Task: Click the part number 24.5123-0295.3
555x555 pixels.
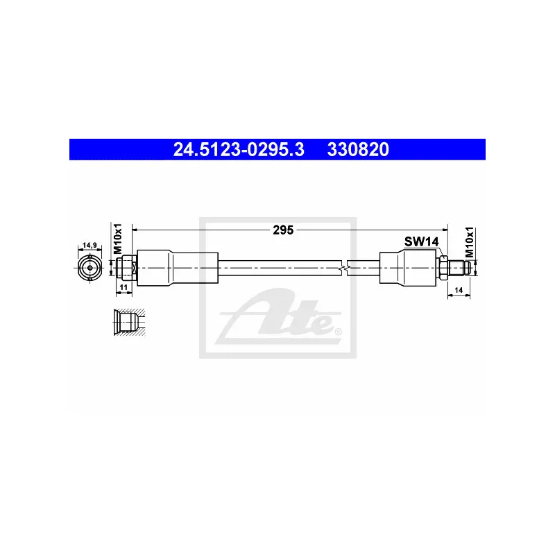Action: coord(239,149)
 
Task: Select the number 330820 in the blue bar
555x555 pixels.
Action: coord(358,149)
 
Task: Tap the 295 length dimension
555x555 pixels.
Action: coord(283,230)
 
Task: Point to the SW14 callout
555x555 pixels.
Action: coord(422,241)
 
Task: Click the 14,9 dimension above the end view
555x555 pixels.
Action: coord(90,245)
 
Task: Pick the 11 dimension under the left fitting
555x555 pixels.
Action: coord(123,287)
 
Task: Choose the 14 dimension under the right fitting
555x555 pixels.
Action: coord(459,290)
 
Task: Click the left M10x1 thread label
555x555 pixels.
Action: coord(118,239)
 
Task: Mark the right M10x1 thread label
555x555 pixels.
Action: coord(470,242)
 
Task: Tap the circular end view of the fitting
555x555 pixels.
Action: coord(90,268)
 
